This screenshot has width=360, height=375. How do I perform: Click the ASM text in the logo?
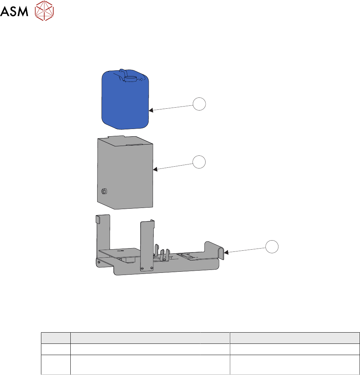point(14,11)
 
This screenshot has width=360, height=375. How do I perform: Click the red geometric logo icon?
point(44,11)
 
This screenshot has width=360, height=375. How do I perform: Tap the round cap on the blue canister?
point(131,79)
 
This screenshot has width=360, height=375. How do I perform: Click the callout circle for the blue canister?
point(199,104)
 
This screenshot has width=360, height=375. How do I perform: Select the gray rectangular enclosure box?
point(125,172)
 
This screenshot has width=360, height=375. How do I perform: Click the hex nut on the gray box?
point(104,191)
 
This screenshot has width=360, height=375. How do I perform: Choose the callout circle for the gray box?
point(199,162)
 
